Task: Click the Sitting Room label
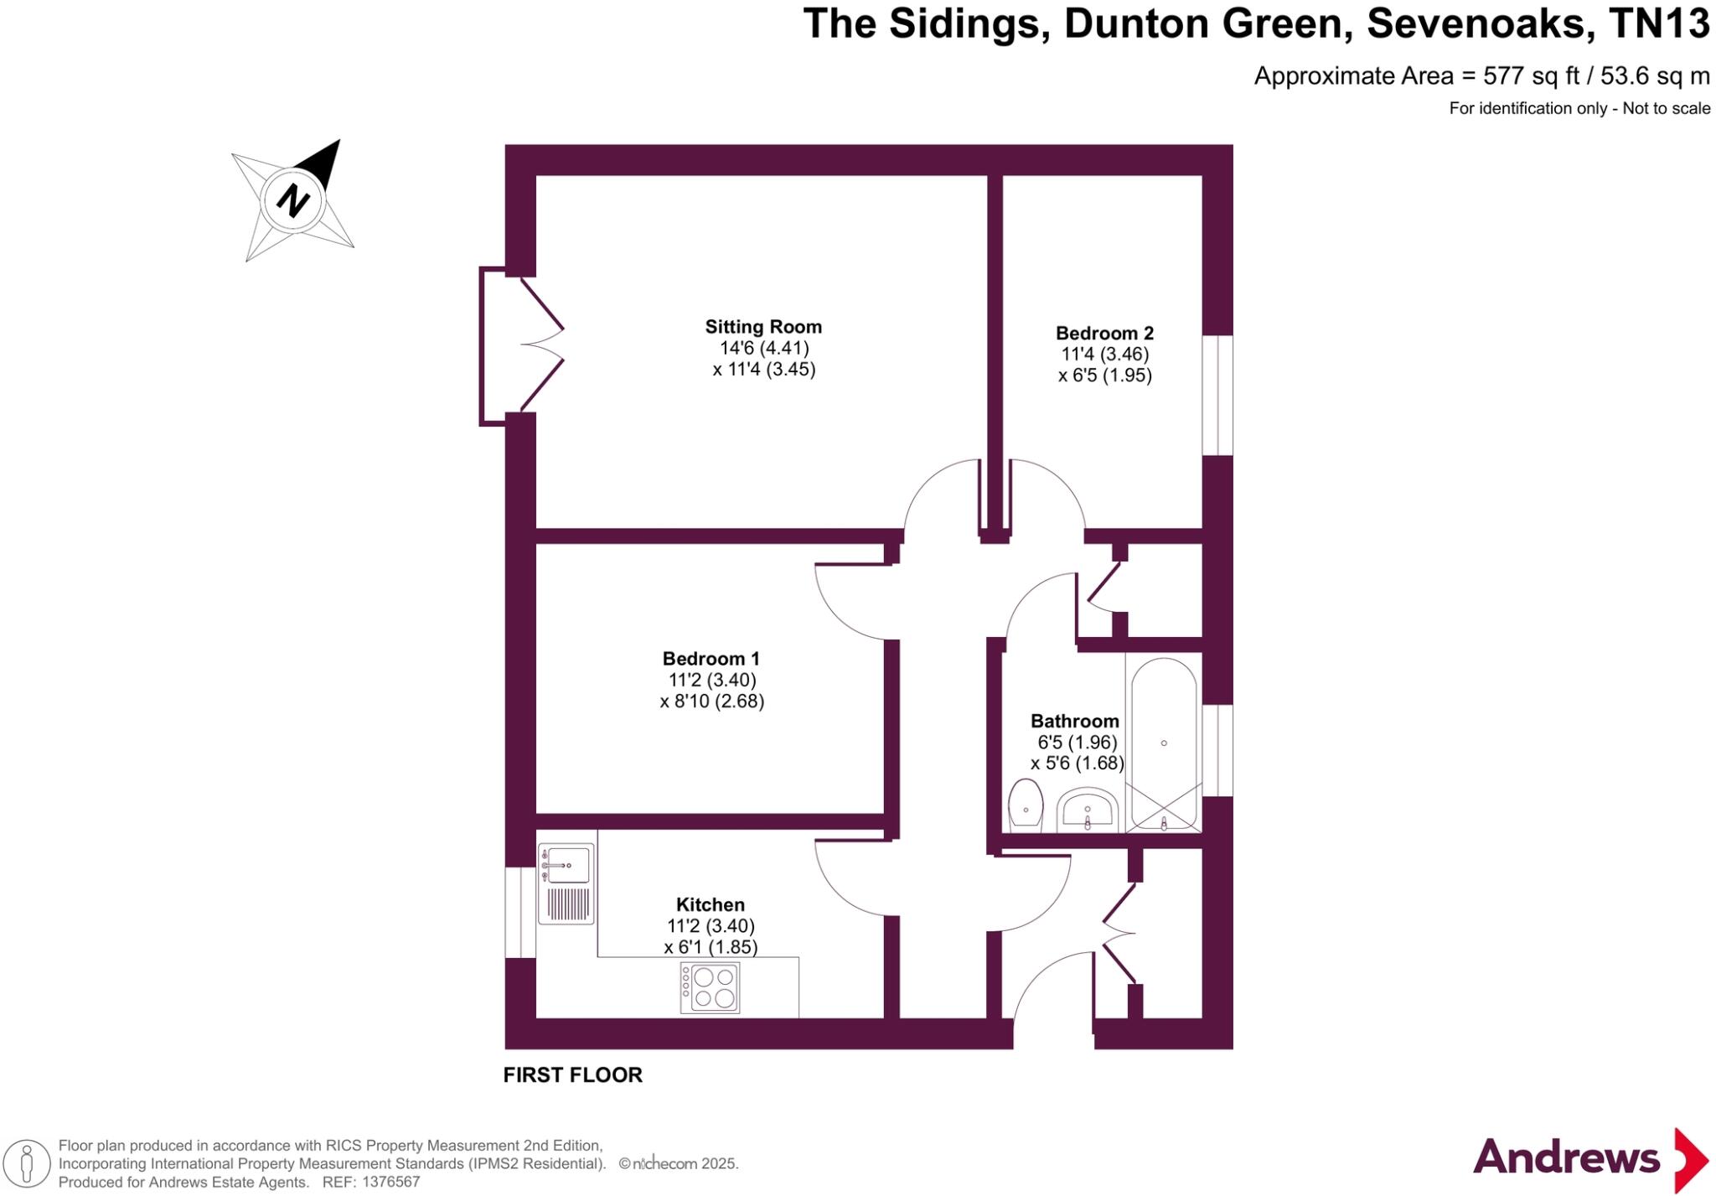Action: (x=762, y=327)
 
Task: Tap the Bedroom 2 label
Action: (x=1104, y=333)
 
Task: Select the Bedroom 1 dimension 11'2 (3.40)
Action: (x=712, y=680)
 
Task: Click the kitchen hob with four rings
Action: (x=710, y=988)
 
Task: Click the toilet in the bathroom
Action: (x=1025, y=805)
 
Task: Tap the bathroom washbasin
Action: (x=1088, y=810)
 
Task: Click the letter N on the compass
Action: (x=292, y=200)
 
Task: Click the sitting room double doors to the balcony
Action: (x=541, y=344)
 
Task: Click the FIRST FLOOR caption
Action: (x=572, y=1075)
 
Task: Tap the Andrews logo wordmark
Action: (x=1565, y=1158)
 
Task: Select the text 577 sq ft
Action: (x=1530, y=76)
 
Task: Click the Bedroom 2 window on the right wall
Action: (x=1217, y=396)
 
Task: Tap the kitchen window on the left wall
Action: (x=520, y=912)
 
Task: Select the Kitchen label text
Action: (x=710, y=904)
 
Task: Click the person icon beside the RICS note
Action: (x=27, y=1164)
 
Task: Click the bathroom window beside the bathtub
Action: (x=1217, y=750)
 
